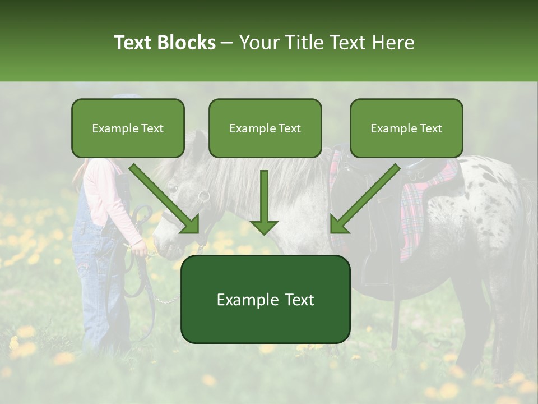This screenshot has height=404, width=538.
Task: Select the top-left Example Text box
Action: [x=128, y=128]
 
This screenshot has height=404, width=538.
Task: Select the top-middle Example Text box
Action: [x=265, y=128]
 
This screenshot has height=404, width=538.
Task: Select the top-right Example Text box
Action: [x=406, y=128]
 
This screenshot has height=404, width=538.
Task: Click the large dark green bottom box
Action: [x=265, y=300]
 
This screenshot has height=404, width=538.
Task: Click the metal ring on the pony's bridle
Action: [x=203, y=196]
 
